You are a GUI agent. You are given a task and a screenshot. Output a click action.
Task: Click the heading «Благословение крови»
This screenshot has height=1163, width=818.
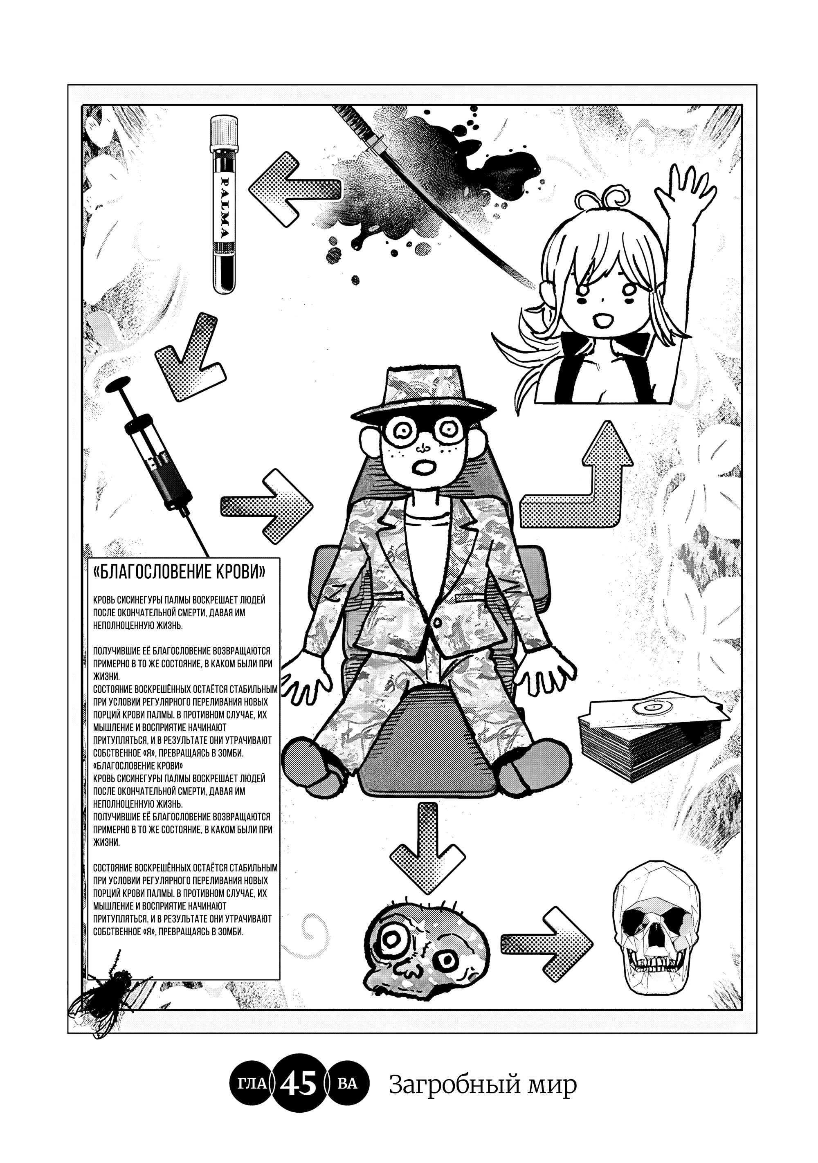180,573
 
